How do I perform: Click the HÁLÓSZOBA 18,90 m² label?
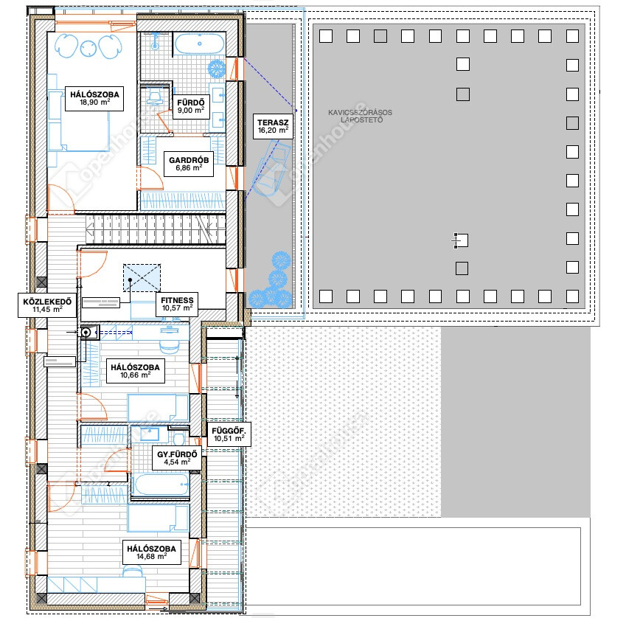point(94,98)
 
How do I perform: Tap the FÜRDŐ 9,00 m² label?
point(191,107)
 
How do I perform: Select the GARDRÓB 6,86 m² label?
point(189,164)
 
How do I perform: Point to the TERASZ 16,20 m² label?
point(273,127)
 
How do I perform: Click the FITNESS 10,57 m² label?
point(177,304)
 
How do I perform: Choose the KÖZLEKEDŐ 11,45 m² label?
point(47,305)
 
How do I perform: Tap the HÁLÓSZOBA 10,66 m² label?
point(136,371)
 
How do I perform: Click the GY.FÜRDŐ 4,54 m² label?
point(177,458)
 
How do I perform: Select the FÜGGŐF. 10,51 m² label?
point(229,434)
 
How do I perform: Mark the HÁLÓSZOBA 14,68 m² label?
point(151,552)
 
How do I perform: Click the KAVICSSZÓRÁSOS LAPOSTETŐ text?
point(360,117)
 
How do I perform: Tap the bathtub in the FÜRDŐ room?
point(199,44)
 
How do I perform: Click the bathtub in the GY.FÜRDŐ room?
point(161,485)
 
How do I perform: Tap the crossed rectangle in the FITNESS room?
point(142,278)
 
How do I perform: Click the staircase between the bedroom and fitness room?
point(156,229)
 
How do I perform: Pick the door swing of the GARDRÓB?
point(151,178)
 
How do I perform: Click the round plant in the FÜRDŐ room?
point(217,69)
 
